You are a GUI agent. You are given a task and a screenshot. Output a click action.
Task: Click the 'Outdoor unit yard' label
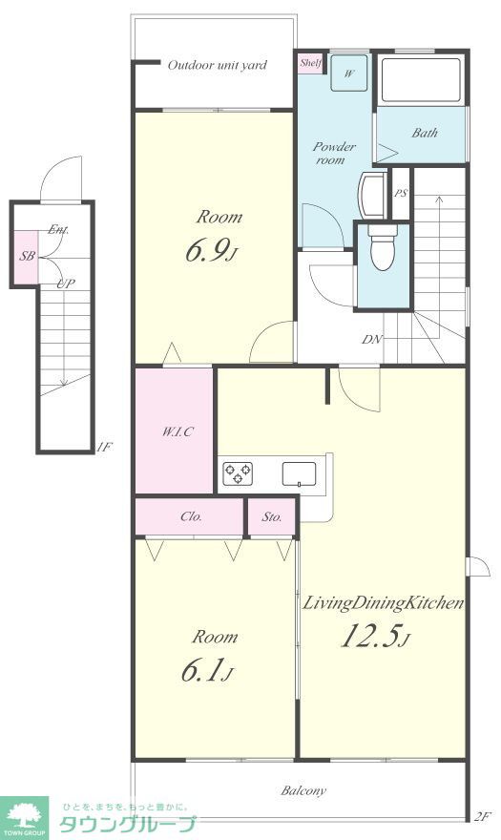[x=217, y=65]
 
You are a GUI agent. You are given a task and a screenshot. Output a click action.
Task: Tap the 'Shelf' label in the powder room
[x=310, y=63]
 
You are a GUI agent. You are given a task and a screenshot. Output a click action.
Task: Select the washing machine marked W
[x=349, y=73]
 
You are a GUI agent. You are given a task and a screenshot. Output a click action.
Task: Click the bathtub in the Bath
[x=420, y=80]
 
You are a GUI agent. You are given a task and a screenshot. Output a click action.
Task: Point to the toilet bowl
[x=383, y=250]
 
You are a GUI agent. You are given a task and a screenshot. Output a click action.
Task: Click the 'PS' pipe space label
[x=400, y=194]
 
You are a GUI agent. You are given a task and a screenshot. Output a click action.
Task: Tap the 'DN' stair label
[x=372, y=339]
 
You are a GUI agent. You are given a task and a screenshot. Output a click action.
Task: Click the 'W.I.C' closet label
[x=177, y=431]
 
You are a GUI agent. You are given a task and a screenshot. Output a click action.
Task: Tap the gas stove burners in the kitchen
[x=238, y=473]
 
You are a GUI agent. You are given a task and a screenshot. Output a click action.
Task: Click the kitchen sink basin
[x=299, y=473]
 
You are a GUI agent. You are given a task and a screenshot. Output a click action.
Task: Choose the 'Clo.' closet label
[x=191, y=517]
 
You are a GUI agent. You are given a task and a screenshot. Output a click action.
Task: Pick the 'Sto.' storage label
[x=272, y=517]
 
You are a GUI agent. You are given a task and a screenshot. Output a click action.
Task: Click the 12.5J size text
[x=376, y=637]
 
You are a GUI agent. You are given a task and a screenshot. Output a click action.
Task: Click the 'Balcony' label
[x=303, y=790]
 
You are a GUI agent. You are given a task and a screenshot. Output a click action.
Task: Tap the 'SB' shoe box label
[x=27, y=256]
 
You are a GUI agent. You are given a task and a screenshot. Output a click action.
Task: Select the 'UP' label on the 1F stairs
[x=66, y=283]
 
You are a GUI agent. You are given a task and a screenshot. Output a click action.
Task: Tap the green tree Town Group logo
[x=24, y=818]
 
